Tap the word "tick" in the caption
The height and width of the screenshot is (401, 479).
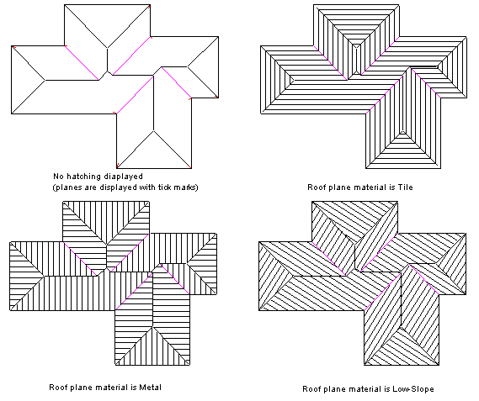coord(165,187)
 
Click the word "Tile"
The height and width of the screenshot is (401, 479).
coord(406,187)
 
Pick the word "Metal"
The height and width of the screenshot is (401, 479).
coord(151,388)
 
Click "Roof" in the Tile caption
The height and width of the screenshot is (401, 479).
coord(314,187)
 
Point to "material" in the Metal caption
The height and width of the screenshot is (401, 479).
coord(114,388)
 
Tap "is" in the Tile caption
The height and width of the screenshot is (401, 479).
coord(392,187)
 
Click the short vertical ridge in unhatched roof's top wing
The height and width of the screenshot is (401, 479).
coord(107,60)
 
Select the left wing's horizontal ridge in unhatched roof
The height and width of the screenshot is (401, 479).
coord(72,80)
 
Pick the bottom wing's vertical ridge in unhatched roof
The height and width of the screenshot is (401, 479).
coord(154,103)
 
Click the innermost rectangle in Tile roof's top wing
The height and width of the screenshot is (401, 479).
coord(356,60)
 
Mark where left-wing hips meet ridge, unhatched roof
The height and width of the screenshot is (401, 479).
coord(45,80)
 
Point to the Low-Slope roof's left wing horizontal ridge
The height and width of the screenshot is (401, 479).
coord(319,277)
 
